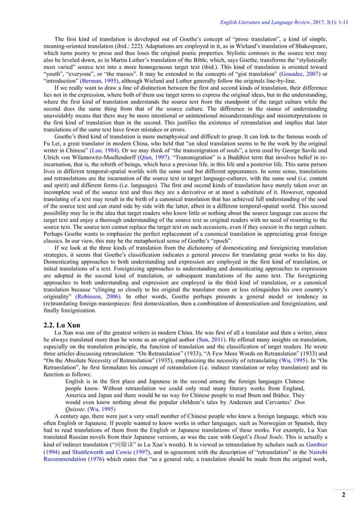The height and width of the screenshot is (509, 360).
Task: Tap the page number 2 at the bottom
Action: coord(343,495)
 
